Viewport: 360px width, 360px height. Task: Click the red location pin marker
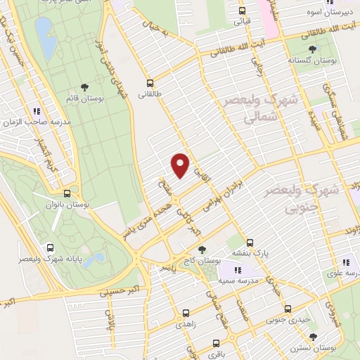pos(181,165)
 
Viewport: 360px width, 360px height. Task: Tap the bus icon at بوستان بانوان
pos(67,193)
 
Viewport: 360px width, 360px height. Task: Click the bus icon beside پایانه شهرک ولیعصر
pos(50,247)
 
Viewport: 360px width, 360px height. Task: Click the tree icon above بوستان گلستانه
pos(311,49)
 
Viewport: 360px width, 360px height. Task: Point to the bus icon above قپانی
pos(241,11)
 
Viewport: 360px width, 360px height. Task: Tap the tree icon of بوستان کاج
pos(202,250)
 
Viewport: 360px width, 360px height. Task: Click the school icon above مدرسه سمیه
pos(238,270)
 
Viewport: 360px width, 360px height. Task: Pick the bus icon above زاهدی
pos(186,314)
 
